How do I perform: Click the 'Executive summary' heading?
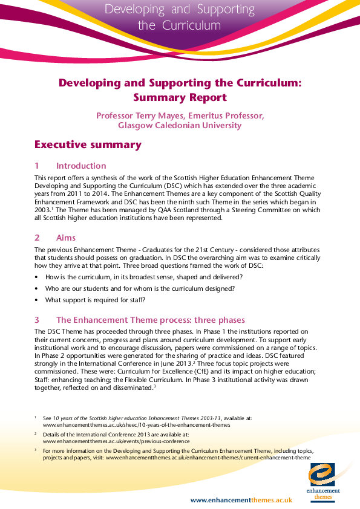click(88, 144)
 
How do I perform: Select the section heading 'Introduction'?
click(80, 166)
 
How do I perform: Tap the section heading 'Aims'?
click(66, 238)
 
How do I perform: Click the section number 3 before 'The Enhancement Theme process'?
click(37, 320)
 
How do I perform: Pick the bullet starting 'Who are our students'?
click(140, 288)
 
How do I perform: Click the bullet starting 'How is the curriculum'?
click(143, 277)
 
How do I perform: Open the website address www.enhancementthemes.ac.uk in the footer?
click(241, 500)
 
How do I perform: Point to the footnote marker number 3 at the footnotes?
click(36, 450)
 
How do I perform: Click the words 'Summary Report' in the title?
click(180, 97)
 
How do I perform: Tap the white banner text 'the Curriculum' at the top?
click(179, 25)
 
